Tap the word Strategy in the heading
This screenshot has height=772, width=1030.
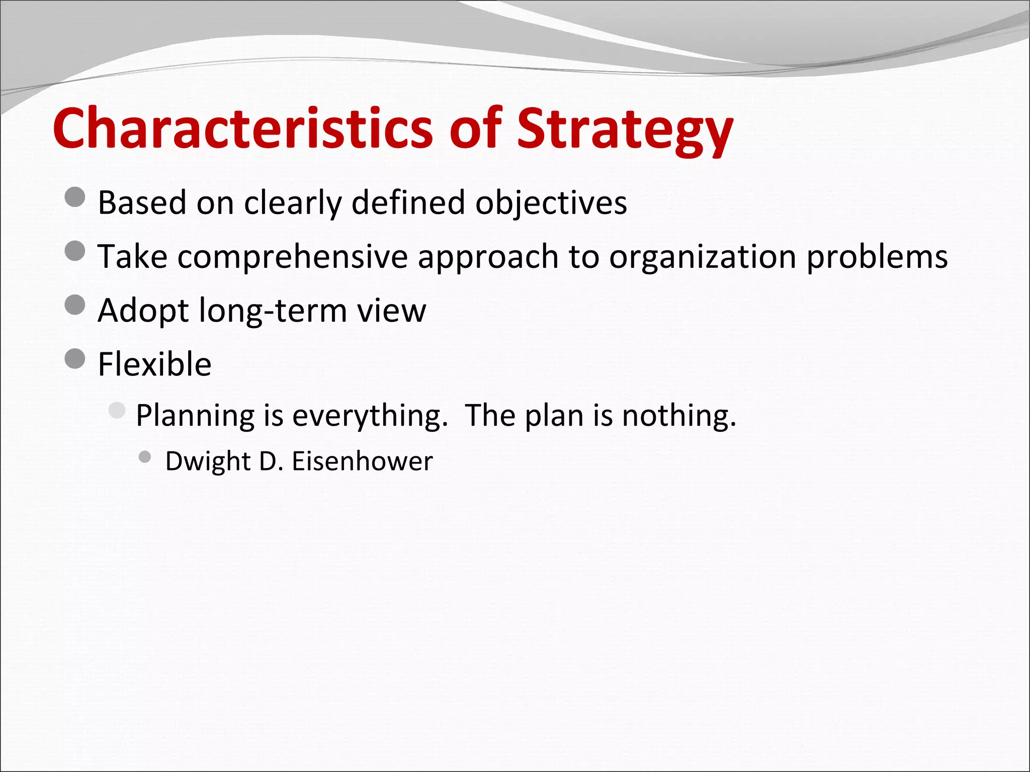pos(625,130)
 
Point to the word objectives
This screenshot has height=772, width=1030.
pos(551,203)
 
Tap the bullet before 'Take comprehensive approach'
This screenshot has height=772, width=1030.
pos(75,251)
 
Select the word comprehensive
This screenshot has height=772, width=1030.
pos(292,257)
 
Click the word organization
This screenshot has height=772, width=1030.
pos(703,257)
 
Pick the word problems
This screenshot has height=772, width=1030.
pos(877,257)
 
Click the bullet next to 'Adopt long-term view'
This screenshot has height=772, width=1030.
pos(75,305)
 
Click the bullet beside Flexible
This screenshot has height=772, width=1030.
pos(75,358)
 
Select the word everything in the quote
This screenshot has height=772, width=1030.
pos(370,416)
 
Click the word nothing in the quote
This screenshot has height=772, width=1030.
pos(678,416)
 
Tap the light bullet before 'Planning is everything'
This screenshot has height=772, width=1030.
pos(117,411)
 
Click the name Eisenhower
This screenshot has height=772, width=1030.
pos(362,461)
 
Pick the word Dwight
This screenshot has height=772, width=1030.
pos(208,461)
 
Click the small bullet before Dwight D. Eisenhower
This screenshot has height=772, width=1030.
pos(145,457)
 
